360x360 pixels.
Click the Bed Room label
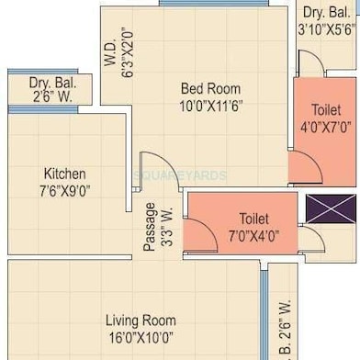[x=210, y=89]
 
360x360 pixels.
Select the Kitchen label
[x=64, y=174]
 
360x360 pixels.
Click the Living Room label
[x=140, y=321]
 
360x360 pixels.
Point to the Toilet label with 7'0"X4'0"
[x=253, y=219]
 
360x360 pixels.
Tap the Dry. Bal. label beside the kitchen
[x=53, y=83]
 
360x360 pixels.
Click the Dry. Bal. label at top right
[x=327, y=12]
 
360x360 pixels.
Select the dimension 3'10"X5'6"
[x=327, y=28]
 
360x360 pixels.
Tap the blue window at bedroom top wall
[x=213, y=4]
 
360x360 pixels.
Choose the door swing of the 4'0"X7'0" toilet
[x=304, y=166]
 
